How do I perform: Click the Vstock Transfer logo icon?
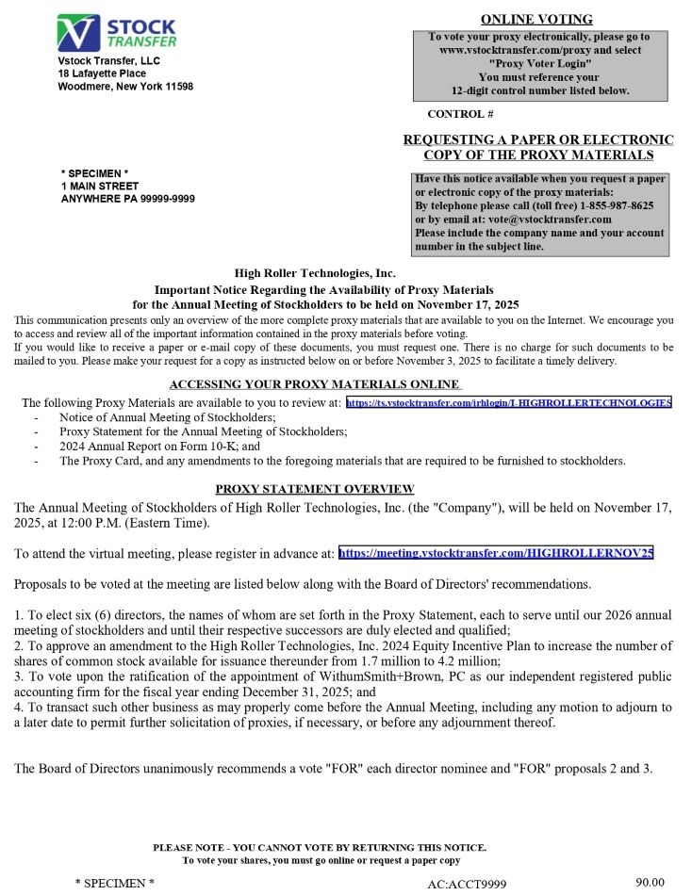point(76,33)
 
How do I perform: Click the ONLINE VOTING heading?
point(536,19)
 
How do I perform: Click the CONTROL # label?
point(461,114)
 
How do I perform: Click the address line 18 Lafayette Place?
point(102,73)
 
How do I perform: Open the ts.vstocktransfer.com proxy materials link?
point(508,403)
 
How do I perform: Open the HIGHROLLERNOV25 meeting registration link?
point(495,553)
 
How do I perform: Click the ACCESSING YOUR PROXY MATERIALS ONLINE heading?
point(315,384)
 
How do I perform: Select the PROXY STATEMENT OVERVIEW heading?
point(315,488)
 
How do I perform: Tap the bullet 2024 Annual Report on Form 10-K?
point(158,447)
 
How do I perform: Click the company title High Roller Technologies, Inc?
point(315,274)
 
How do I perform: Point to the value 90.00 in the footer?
point(651,883)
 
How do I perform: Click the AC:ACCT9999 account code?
point(467,884)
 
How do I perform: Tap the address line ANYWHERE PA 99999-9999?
point(128,199)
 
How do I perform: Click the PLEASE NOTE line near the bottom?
point(321,848)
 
